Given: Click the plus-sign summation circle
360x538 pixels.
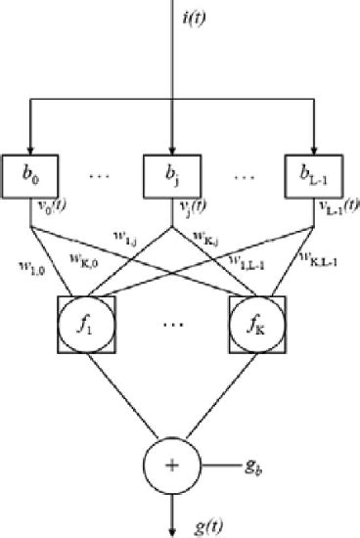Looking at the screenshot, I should pos(172,464).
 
